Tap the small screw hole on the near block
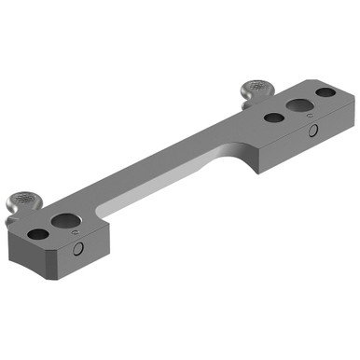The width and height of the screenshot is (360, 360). tap(39, 233)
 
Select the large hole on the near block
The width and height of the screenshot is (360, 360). tap(65, 221)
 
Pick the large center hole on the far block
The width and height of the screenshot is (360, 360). tap(298, 105)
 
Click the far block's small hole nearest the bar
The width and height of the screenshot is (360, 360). tap(273, 118)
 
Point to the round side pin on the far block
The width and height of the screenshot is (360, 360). tap(313, 130)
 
